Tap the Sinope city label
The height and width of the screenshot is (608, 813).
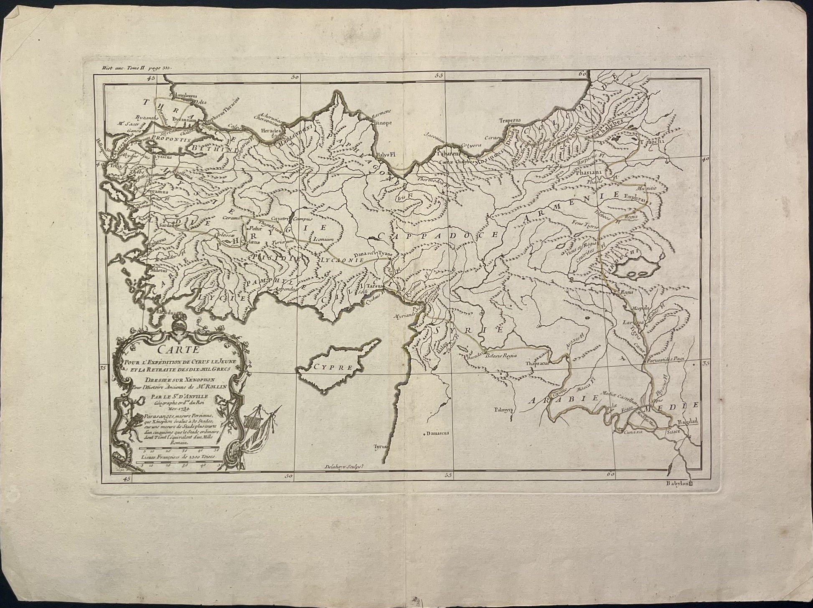(382, 123)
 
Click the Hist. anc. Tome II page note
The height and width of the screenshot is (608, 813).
(133, 66)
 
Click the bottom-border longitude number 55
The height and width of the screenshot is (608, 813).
(449, 475)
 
